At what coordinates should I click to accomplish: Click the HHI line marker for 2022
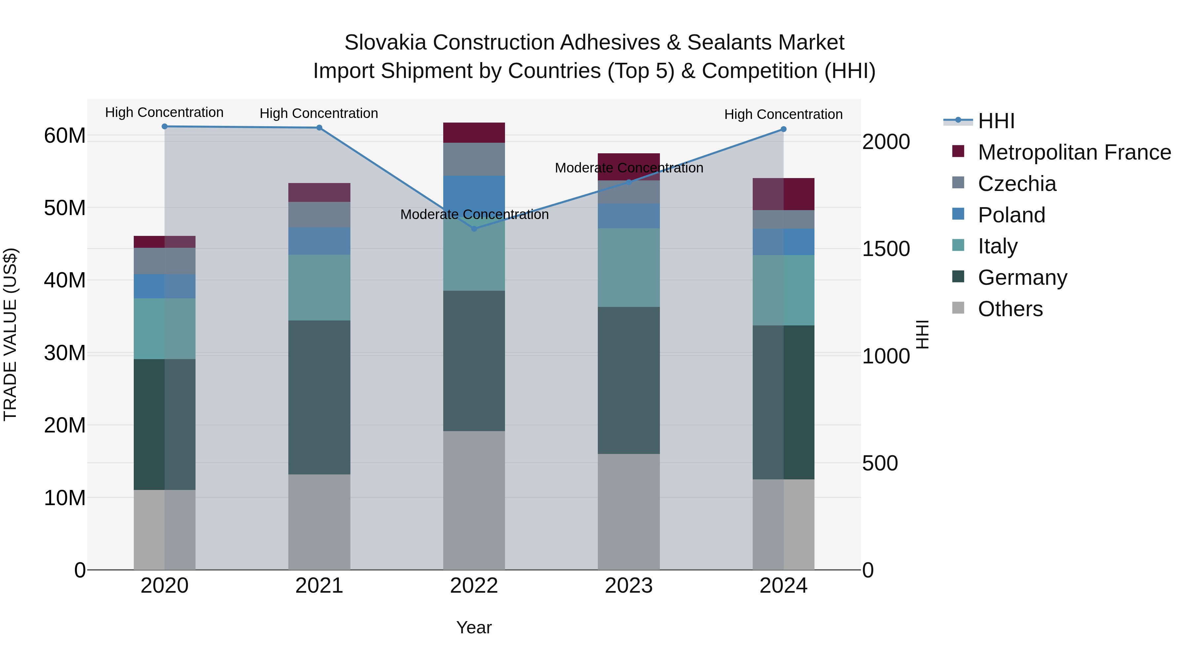pyautogui.click(x=474, y=229)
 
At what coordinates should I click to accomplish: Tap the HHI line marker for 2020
pyautogui.click(x=164, y=127)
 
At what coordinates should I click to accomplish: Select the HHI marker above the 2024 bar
pyautogui.click(x=783, y=129)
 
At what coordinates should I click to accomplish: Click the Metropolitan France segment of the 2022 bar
pyautogui.click(x=474, y=132)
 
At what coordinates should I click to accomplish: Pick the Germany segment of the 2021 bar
pyautogui.click(x=319, y=397)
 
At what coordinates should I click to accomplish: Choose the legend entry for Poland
pyautogui.click(x=1011, y=215)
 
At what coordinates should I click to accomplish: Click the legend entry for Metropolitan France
pyautogui.click(x=1074, y=152)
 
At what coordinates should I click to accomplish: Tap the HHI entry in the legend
pyautogui.click(x=995, y=121)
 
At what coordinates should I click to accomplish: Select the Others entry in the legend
pyautogui.click(x=1010, y=309)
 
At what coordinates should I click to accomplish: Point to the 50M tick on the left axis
pyautogui.click(x=65, y=208)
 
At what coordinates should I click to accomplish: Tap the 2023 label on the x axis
pyautogui.click(x=628, y=586)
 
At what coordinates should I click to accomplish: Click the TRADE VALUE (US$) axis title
pyautogui.click(x=10, y=334)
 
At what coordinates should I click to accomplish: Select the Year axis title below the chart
pyautogui.click(x=474, y=627)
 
